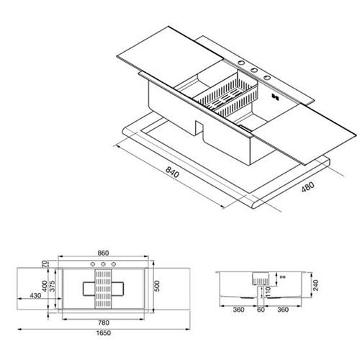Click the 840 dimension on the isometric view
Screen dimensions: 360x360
(172, 172)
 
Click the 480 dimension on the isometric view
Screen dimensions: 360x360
(307, 187)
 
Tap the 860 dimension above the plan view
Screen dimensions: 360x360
(103, 253)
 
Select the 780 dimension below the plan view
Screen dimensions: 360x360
(104, 323)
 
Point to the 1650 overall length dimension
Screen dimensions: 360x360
(104, 333)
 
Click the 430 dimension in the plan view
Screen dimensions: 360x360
(35, 296)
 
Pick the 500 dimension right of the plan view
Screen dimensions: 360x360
(156, 286)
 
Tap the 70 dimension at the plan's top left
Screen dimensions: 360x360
(45, 264)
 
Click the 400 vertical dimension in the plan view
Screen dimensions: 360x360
(45, 286)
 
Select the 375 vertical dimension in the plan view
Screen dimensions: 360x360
(53, 286)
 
